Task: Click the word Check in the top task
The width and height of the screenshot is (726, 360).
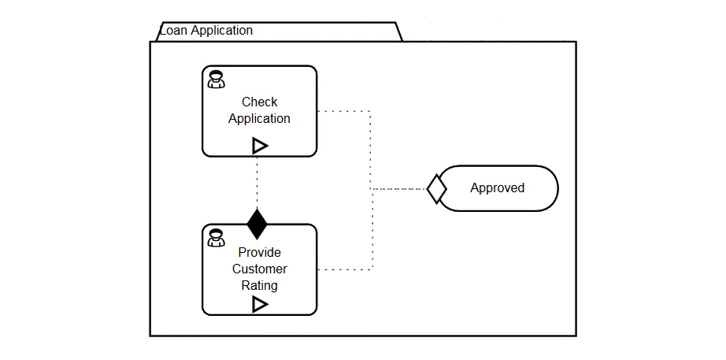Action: click(x=259, y=102)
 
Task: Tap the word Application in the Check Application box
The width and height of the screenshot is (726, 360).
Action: click(x=259, y=119)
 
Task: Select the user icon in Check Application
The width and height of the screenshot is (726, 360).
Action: click(x=216, y=80)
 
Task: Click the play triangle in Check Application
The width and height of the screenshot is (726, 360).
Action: click(x=260, y=146)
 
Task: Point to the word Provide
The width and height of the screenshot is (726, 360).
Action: click(x=259, y=253)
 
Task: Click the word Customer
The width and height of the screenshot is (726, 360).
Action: click(x=259, y=269)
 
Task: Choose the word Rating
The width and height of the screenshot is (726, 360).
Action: click(x=259, y=285)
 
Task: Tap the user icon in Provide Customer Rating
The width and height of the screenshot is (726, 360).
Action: click(x=216, y=238)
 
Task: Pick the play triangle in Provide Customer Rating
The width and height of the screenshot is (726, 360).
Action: click(x=260, y=304)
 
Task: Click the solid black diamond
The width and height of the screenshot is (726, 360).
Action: click(x=257, y=225)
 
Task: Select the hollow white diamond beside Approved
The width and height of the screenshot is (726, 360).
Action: click(x=436, y=189)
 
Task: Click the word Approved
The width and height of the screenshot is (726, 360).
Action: click(x=498, y=187)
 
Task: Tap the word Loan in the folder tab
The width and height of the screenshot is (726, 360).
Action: click(x=173, y=31)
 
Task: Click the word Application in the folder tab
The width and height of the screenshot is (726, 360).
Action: click(x=222, y=31)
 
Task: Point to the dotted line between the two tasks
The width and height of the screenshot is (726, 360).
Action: click(x=257, y=183)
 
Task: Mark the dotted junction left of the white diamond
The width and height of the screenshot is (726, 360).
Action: click(x=372, y=189)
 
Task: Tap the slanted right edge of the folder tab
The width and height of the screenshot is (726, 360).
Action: click(x=399, y=32)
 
